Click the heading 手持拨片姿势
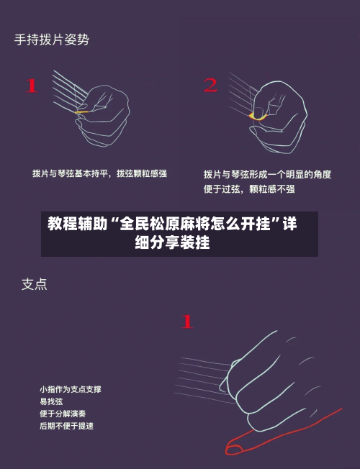(x=52, y=40)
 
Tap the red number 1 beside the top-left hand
(x=31, y=86)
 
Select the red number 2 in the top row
(x=210, y=86)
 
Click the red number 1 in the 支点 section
(x=186, y=322)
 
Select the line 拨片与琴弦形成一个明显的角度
(x=267, y=174)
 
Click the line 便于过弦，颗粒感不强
(x=248, y=189)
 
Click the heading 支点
(x=34, y=284)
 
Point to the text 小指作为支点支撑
(x=70, y=389)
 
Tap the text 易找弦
(x=51, y=401)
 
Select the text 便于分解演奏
(x=63, y=414)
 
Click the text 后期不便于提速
(x=66, y=426)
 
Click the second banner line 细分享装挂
(x=173, y=243)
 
